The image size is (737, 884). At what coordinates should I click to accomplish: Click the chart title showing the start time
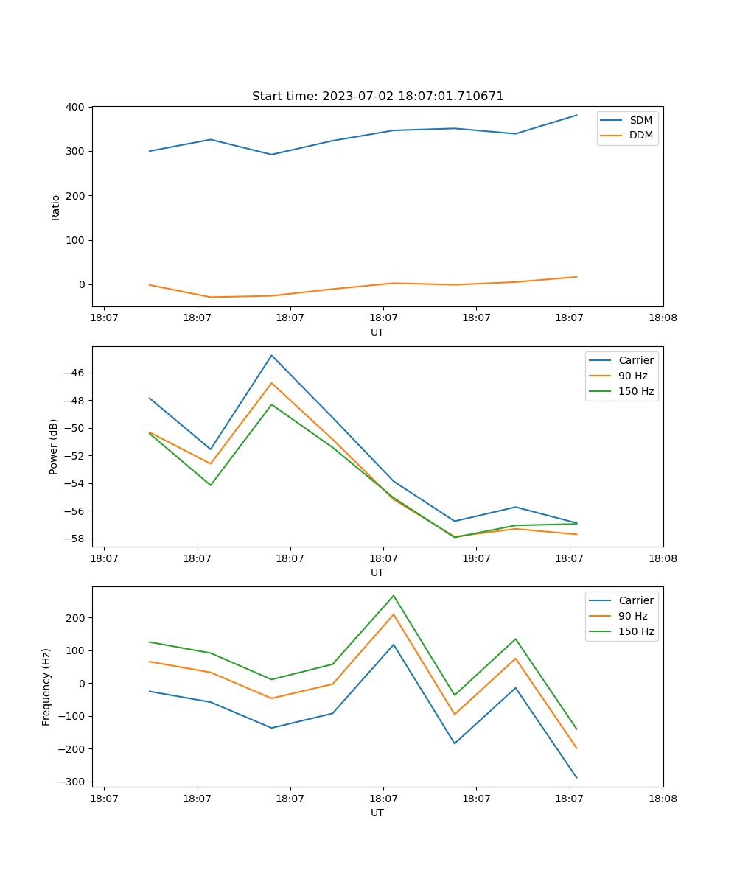[377, 97]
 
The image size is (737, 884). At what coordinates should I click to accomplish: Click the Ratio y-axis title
[56, 207]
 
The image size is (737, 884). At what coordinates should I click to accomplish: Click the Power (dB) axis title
[54, 446]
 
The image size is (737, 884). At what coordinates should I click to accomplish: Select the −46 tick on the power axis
[75, 373]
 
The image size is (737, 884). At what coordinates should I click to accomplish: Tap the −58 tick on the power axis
[75, 539]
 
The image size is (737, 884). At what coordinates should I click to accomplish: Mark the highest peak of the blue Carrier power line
[271, 356]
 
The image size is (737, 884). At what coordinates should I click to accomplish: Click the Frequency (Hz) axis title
[46, 687]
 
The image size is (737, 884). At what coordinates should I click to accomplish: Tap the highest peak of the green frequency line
[394, 596]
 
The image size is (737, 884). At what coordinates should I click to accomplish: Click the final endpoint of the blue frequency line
[576, 777]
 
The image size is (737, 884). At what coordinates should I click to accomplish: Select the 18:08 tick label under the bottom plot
[662, 798]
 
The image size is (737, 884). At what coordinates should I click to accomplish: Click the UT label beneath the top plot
[377, 332]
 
